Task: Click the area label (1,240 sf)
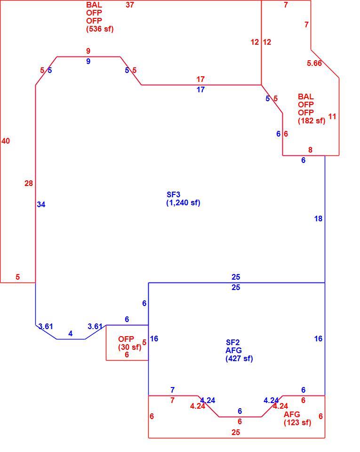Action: pyautogui.click(x=183, y=202)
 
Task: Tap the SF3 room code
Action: pyautogui.click(x=173, y=194)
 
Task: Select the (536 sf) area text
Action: pyautogui.click(x=100, y=29)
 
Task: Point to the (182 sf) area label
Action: pyautogui.click(x=312, y=121)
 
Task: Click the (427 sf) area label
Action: pyautogui.click(x=240, y=358)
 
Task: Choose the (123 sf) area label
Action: pyautogui.click(x=297, y=422)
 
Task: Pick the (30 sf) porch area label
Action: pyautogui.click(x=129, y=347)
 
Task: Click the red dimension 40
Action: pyautogui.click(x=6, y=141)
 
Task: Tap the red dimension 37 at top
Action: pyautogui.click(x=130, y=5)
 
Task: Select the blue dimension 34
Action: pyautogui.click(x=41, y=204)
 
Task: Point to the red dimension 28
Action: pyautogui.click(x=29, y=183)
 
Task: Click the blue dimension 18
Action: pyautogui.click(x=318, y=219)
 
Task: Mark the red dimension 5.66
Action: pyautogui.click(x=314, y=63)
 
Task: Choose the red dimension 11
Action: pyautogui.click(x=332, y=116)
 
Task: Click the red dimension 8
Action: pyautogui.click(x=310, y=150)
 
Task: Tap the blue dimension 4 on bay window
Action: pyautogui.click(x=71, y=333)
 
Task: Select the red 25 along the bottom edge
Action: pyautogui.click(x=236, y=432)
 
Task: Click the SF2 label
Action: pyautogui.click(x=232, y=342)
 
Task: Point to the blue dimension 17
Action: pyautogui.click(x=200, y=89)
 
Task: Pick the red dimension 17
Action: pyautogui.click(x=200, y=79)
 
